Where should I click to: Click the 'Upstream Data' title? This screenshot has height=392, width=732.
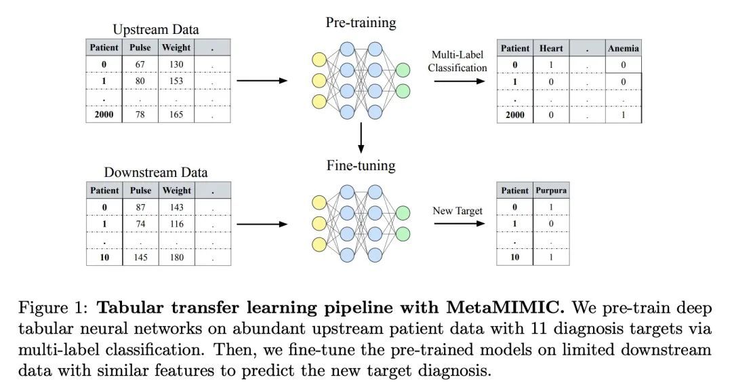coord(155,29)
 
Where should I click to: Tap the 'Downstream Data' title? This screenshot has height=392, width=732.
coord(155,172)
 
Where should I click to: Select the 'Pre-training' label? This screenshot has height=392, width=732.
coord(361,23)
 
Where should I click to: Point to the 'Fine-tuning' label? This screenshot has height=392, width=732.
coord(361,166)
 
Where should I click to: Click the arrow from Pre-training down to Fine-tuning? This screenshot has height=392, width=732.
coord(361,138)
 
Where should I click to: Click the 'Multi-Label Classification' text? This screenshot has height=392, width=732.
coord(457,61)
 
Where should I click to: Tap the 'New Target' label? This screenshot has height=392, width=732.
coord(457,211)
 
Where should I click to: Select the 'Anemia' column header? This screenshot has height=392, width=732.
coord(624,48)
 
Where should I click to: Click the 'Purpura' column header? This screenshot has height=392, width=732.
coord(551,191)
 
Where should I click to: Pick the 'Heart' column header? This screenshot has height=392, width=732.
coord(551,48)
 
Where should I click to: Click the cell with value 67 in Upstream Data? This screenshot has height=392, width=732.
coord(140,64)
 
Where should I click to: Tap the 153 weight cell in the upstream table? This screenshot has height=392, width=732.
coord(176,81)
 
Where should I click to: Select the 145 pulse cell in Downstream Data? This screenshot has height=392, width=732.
coord(140,258)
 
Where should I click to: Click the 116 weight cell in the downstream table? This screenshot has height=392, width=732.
coord(176,224)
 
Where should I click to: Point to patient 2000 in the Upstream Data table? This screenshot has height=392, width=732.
coord(104,115)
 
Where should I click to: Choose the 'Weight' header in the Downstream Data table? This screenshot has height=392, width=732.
coord(176,191)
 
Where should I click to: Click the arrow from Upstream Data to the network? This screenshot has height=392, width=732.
coord(262,81)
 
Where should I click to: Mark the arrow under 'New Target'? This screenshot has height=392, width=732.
coord(460,223)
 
